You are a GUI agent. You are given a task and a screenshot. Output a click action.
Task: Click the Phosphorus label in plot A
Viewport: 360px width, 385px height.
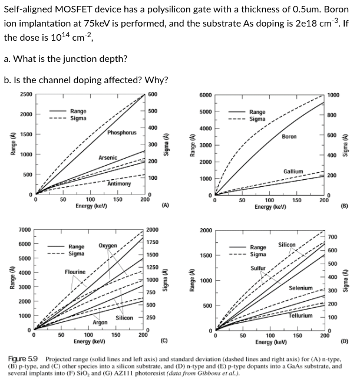pos(121,133)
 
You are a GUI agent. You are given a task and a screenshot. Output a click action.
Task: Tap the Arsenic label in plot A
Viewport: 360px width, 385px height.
pos(108,158)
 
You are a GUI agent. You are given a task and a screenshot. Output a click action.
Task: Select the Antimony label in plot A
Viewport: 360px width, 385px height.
pos(119,183)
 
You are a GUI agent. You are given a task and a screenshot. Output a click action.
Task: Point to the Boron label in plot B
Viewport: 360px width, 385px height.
pos(289,136)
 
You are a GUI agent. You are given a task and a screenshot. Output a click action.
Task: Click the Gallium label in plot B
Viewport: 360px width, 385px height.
pos(293,172)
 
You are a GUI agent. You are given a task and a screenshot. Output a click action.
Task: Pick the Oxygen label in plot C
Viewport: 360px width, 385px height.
pos(108,245)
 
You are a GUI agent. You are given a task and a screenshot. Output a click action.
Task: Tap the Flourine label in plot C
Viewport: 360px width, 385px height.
pos(75,272)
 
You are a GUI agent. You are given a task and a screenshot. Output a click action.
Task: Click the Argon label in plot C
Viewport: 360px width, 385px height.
pos(100,323)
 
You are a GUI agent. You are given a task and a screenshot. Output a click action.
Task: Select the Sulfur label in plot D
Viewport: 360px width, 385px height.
pos(259,268)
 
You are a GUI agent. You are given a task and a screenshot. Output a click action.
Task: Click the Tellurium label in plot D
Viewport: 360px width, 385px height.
pos(300,315)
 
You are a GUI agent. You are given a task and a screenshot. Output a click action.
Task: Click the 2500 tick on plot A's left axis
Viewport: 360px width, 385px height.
pos(26,95)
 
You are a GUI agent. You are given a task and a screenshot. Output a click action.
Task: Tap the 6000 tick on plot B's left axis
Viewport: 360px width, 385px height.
pos(205,96)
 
